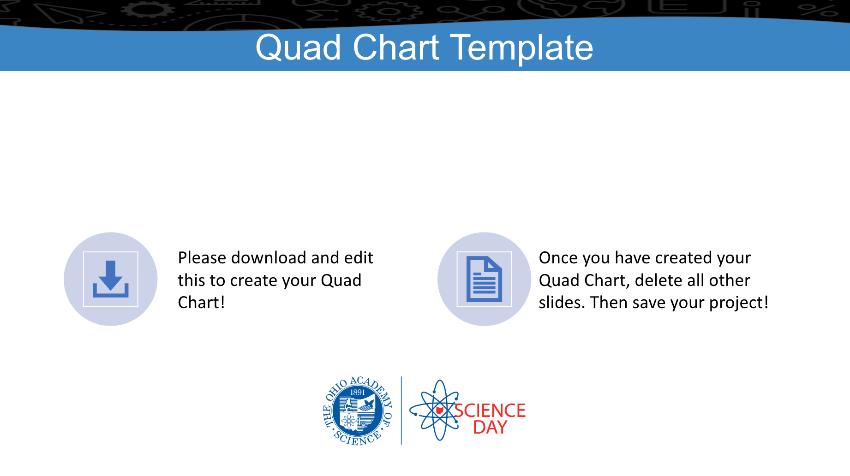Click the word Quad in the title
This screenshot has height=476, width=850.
pos(299,48)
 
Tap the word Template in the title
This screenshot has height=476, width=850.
pos(521,48)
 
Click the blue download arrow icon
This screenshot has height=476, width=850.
pos(111,279)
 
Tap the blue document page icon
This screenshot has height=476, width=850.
pos(484,279)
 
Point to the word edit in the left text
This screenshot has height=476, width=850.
pos(359,258)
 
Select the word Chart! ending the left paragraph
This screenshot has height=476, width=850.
pos(202,303)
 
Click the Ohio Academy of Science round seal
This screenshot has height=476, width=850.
pos(358,411)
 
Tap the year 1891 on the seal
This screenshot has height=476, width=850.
pos(358,393)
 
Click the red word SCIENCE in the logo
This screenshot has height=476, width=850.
pos(490,411)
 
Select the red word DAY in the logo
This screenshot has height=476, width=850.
pos(490,428)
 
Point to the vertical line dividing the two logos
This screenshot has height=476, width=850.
pos(401,411)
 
